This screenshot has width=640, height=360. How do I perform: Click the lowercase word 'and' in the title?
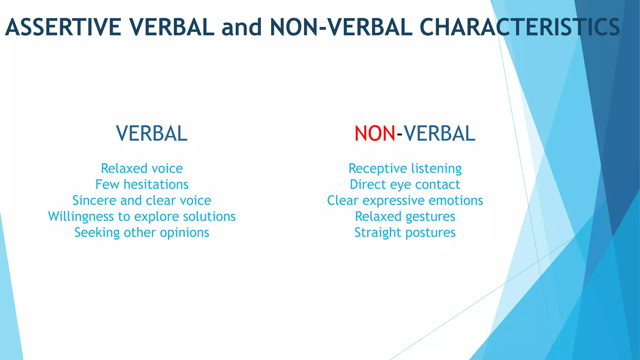tap(242, 27)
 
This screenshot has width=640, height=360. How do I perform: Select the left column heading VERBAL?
tap(152, 134)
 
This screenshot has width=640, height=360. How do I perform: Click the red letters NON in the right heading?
tap(375, 134)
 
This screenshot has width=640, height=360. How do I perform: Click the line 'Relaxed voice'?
tap(142, 169)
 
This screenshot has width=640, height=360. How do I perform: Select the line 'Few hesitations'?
tap(142, 185)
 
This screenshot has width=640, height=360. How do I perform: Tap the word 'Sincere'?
tap(94, 201)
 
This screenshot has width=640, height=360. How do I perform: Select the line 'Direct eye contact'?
tap(405, 185)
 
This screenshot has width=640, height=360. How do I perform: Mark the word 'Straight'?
tap(377, 233)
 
